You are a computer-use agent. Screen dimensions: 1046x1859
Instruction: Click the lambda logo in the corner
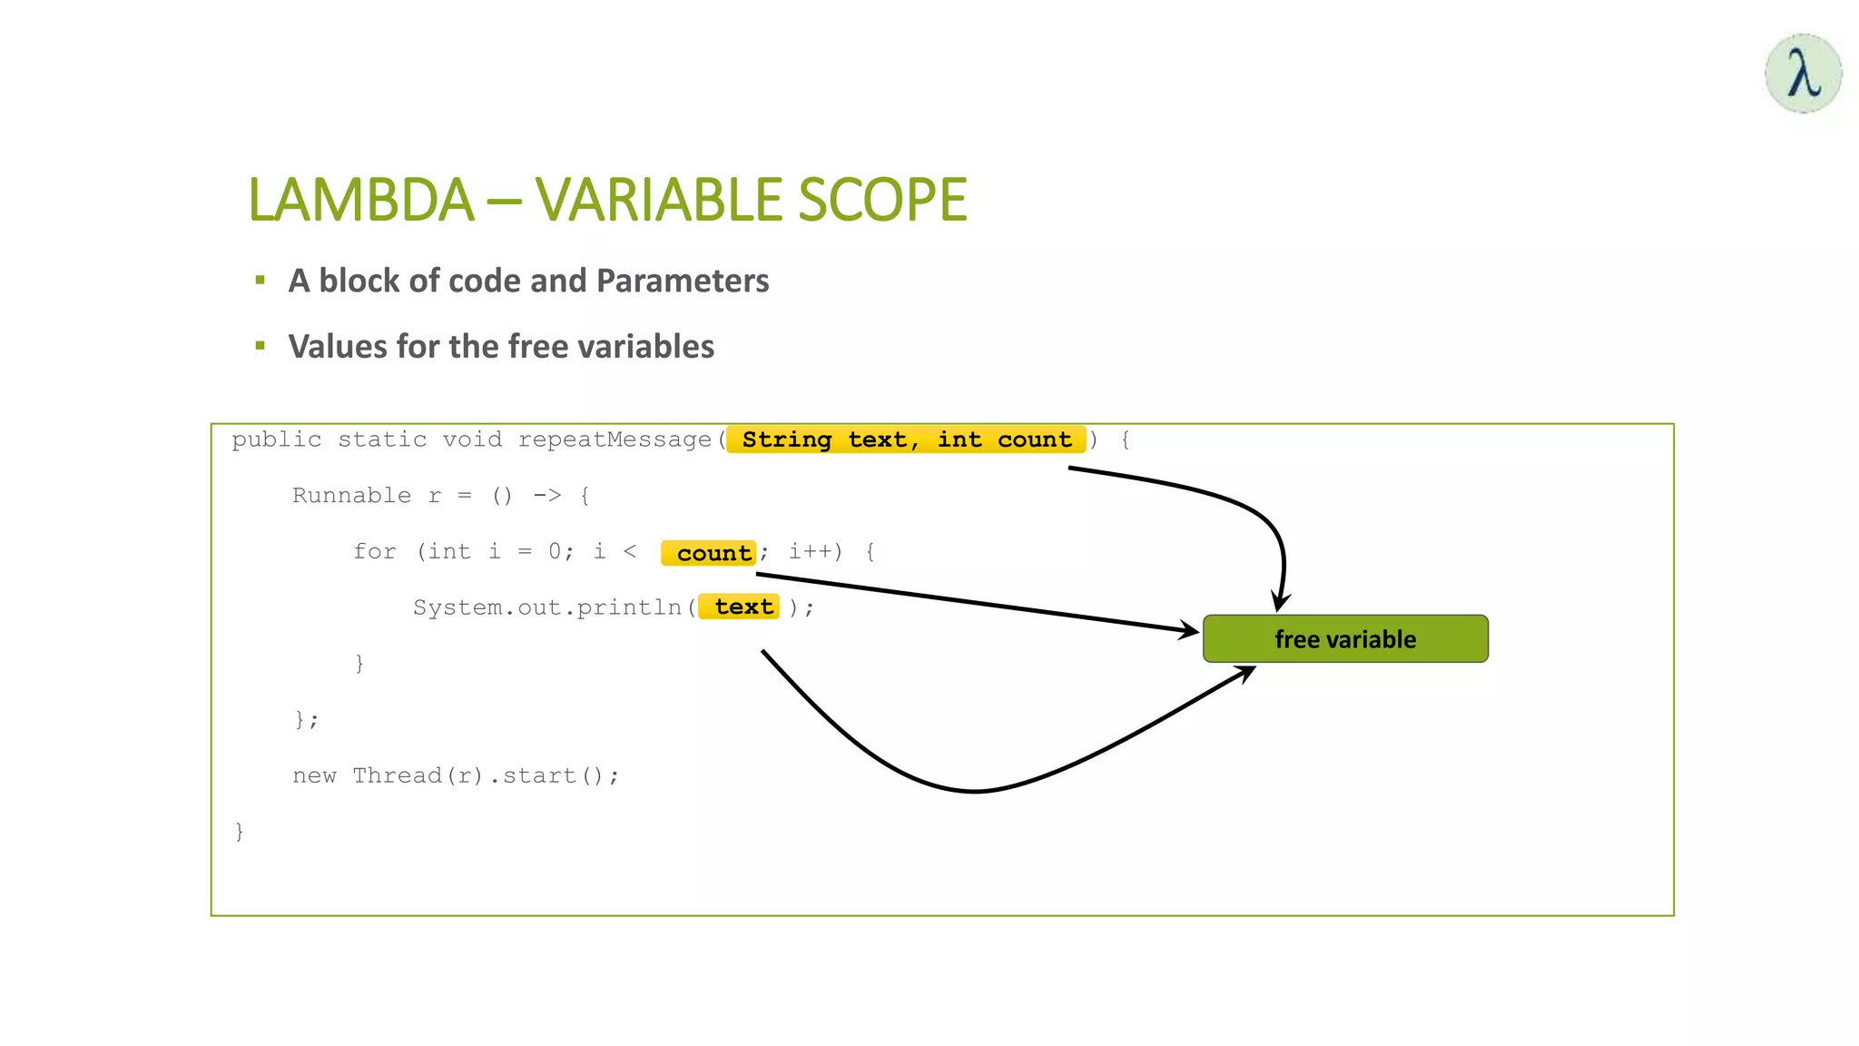1803,74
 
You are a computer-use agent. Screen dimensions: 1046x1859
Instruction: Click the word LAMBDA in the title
360,200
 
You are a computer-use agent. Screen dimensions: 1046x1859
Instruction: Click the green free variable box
1344,639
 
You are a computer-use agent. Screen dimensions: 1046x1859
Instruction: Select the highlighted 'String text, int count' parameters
906,439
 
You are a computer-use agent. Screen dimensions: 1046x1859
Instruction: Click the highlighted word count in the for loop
713,553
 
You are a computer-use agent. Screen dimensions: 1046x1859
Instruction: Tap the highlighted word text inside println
743,607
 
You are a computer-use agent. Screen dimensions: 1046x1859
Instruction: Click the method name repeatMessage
615,440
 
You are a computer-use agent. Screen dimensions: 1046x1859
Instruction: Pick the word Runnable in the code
351,496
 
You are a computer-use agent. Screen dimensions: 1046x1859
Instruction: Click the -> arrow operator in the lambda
546,496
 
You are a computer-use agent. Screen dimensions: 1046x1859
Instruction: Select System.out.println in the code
546,607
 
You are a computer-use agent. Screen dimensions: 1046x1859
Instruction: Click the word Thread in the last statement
397,775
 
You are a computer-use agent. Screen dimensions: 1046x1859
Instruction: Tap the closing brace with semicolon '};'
306,720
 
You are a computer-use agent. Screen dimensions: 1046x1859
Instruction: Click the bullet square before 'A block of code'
261,281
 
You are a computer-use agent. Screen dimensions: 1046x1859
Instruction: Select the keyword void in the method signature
472,440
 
